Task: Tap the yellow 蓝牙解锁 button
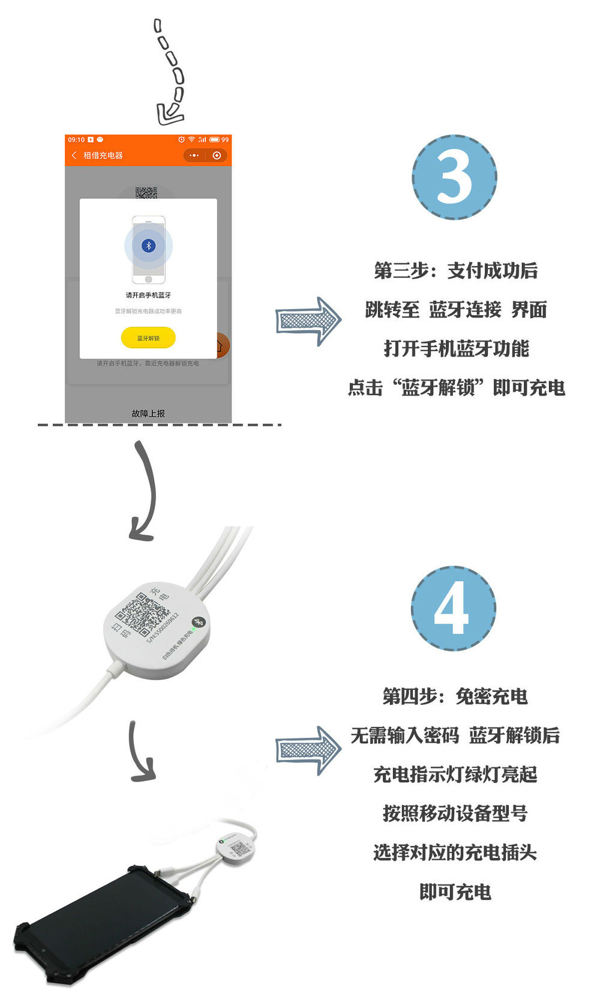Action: [148, 338]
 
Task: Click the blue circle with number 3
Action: [454, 178]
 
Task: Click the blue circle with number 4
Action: [454, 608]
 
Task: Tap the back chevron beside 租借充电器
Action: [74, 155]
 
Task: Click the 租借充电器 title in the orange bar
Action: [103, 155]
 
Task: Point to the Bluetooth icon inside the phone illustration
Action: [148, 246]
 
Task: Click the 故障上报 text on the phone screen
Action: [148, 414]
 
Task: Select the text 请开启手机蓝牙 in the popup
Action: [148, 295]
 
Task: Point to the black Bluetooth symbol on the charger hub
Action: [198, 622]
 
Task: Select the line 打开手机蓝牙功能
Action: [456, 349]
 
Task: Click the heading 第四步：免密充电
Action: [455, 696]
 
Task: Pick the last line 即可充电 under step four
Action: [455, 892]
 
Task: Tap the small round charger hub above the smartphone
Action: [236, 848]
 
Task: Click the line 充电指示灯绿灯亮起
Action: [455, 774]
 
